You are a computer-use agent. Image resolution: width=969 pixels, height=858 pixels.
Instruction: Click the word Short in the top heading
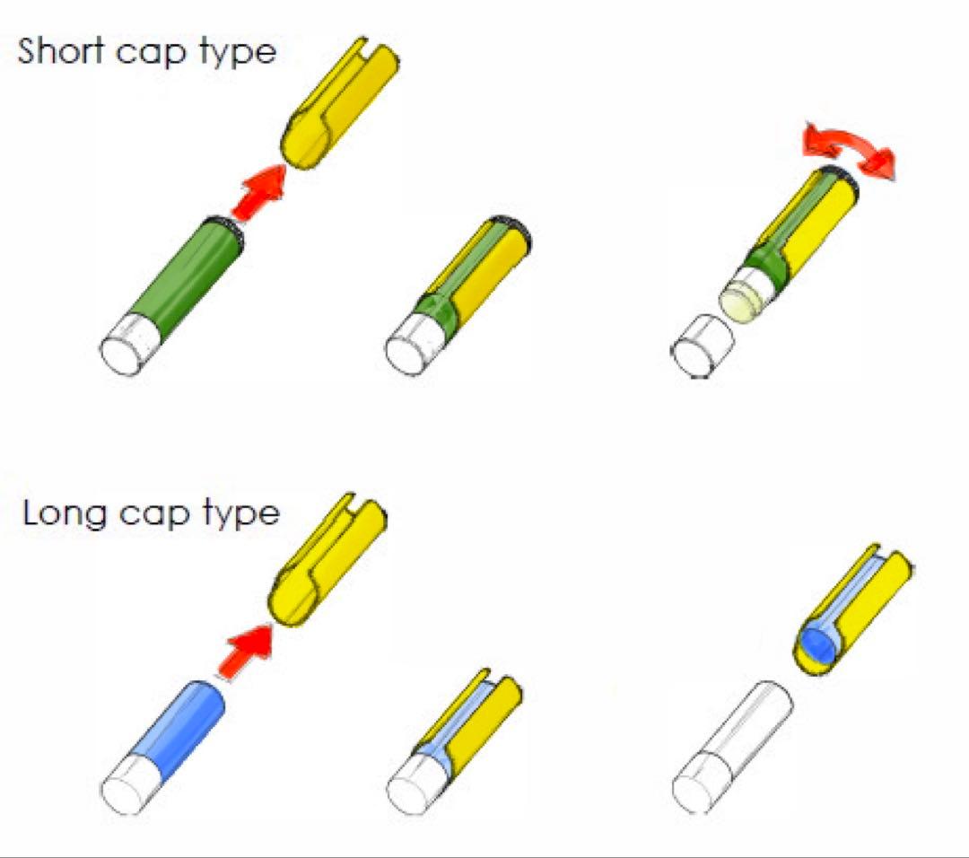[x=60, y=50]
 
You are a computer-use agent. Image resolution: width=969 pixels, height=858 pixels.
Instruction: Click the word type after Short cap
[x=237, y=54]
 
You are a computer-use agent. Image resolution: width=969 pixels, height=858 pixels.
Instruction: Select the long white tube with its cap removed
[x=732, y=748]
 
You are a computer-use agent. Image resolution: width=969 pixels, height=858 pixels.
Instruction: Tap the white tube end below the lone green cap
[x=131, y=344]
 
